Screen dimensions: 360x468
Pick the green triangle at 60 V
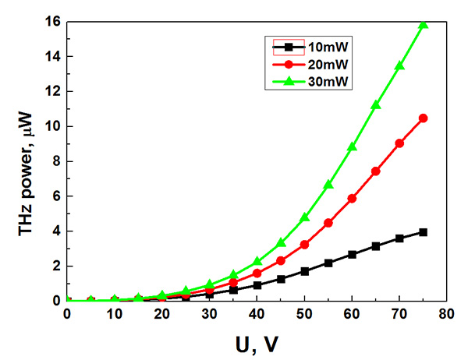352,146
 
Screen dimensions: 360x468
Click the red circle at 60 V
352,199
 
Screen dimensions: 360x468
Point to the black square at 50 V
304,271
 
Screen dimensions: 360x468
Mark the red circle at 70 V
399,143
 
